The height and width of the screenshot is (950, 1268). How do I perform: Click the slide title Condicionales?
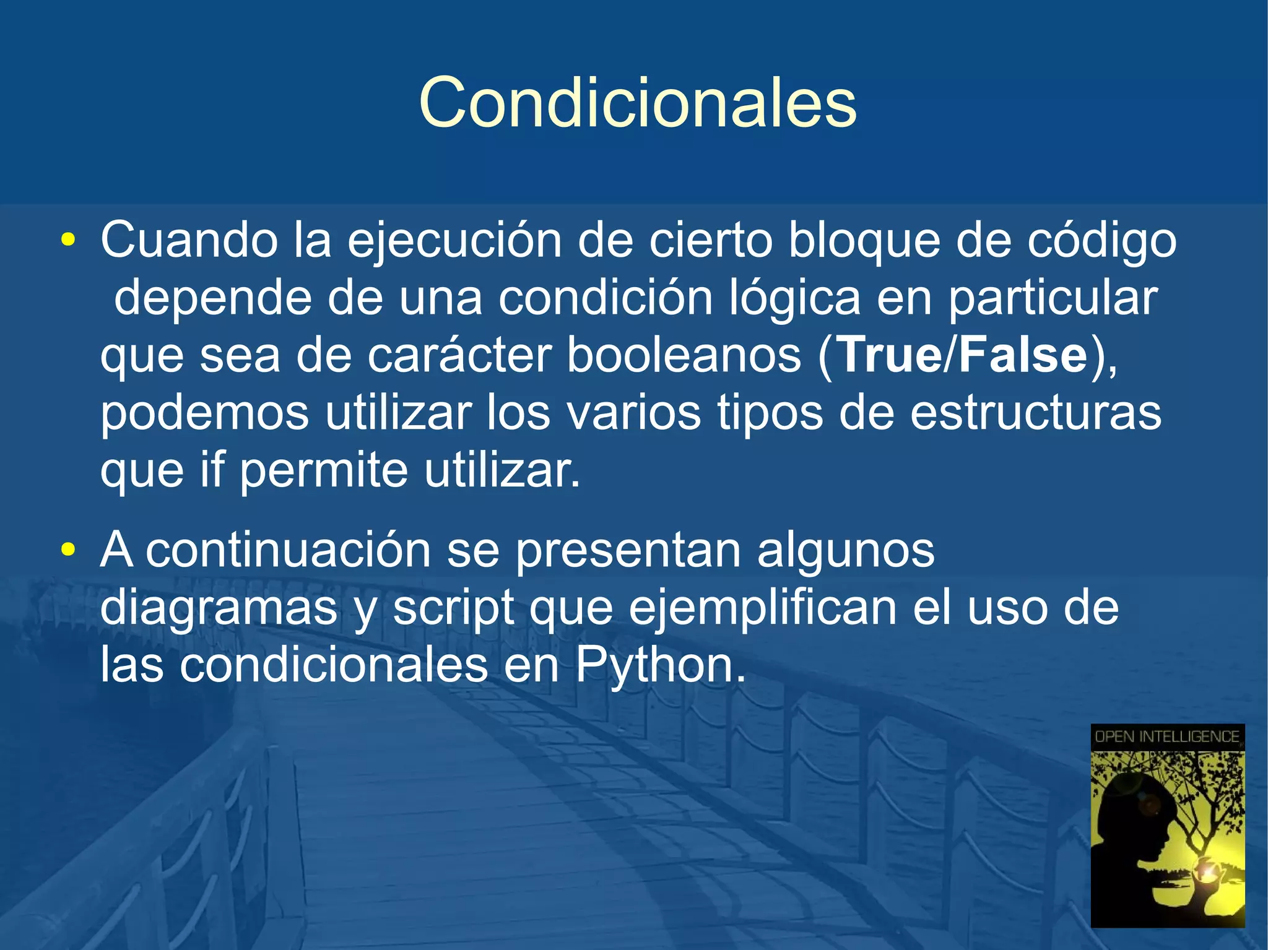click(x=637, y=103)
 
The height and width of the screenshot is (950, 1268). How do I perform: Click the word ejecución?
click(x=454, y=241)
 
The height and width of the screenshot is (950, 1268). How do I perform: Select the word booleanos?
click(x=684, y=356)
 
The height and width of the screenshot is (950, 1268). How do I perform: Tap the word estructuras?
click(x=1035, y=413)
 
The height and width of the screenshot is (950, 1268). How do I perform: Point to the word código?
click(x=1101, y=241)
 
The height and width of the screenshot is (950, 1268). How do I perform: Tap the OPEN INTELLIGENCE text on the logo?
click(x=1167, y=736)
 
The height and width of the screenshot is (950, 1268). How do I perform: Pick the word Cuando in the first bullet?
click(x=189, y=240)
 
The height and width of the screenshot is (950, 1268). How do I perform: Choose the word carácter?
click(x=459, y=356)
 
